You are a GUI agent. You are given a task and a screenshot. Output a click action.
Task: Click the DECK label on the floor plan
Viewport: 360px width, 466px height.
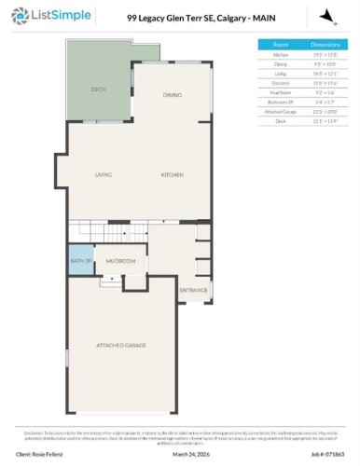(x=98, y=89)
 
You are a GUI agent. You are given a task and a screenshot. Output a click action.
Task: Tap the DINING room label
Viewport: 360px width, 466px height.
(x=172, y=95)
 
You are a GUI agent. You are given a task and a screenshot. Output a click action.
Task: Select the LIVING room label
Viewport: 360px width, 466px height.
(x=104, y=174)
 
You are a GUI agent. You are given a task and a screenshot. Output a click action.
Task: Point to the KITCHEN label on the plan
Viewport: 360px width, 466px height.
(x=172, y=174)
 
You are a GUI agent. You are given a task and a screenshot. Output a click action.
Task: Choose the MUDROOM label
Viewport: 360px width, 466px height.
(x=120, y=261)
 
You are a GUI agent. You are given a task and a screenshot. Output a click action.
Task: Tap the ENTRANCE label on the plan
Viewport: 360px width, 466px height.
(x=193, y=291)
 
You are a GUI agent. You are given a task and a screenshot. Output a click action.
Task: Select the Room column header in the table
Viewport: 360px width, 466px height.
(x=280, y=44)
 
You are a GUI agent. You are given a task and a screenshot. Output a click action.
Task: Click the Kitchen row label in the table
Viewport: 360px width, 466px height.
(x=280, y=54)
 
